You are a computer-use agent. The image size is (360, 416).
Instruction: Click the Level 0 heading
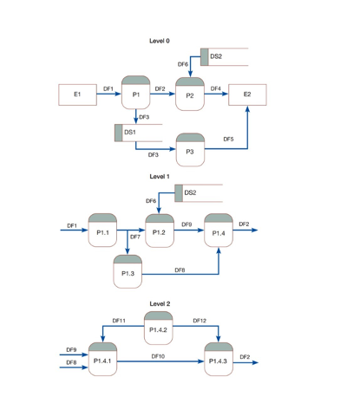[160, 41]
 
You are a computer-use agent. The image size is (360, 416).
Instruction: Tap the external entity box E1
[77, 94]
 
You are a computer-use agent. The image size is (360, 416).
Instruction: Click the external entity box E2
[248, 94]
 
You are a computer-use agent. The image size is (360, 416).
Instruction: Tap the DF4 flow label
[215, 88]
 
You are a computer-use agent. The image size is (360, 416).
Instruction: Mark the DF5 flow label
[228, 139]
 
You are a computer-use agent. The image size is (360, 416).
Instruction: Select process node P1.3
[128, 272]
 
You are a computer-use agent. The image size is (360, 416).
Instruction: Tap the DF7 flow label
[135, 237]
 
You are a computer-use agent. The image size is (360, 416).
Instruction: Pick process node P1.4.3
[219, 359]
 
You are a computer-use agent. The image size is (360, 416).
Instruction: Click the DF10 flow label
[159, 355]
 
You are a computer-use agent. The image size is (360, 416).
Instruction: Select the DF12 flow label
[200, 321]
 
